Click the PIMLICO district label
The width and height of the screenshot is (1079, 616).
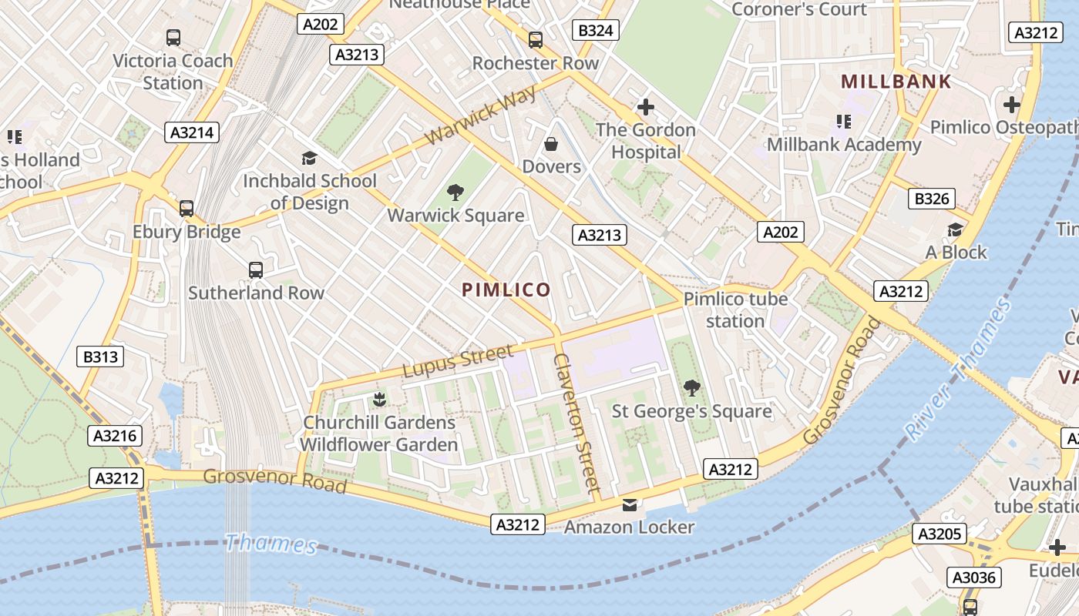(x=506, y=290)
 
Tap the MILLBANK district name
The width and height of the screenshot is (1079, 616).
(x=896, y=82)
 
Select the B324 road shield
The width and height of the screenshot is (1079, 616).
(x=596, y=30)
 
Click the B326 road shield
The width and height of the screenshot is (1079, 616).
(x=931, y=199)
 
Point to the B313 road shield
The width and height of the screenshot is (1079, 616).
(x=101, y=357)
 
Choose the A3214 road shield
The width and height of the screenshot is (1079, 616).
(x=192, y=132)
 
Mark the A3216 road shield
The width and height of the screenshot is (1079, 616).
(x=115, y=436)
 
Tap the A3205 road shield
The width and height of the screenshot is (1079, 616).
(x=939, y=534)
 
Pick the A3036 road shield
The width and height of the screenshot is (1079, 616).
(x=973, y=577)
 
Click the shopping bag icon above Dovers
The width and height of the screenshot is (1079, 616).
(x=551, y=144)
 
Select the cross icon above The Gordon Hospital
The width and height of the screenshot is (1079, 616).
(x=646, y=107)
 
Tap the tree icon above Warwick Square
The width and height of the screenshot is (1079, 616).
(x=455, y=192)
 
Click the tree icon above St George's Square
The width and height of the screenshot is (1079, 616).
(x=692, y=388)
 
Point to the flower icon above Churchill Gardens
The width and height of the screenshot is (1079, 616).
(x=378, y=399)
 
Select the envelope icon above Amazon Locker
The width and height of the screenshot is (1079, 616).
(x=630, y=505)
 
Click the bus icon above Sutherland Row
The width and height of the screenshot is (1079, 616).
(x=256, y=270)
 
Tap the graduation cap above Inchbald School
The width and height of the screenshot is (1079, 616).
(x=309, y=159)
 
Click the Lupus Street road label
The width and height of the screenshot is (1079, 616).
(x=457, y=361)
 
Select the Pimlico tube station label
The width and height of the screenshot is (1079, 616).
(x=735, y=310)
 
